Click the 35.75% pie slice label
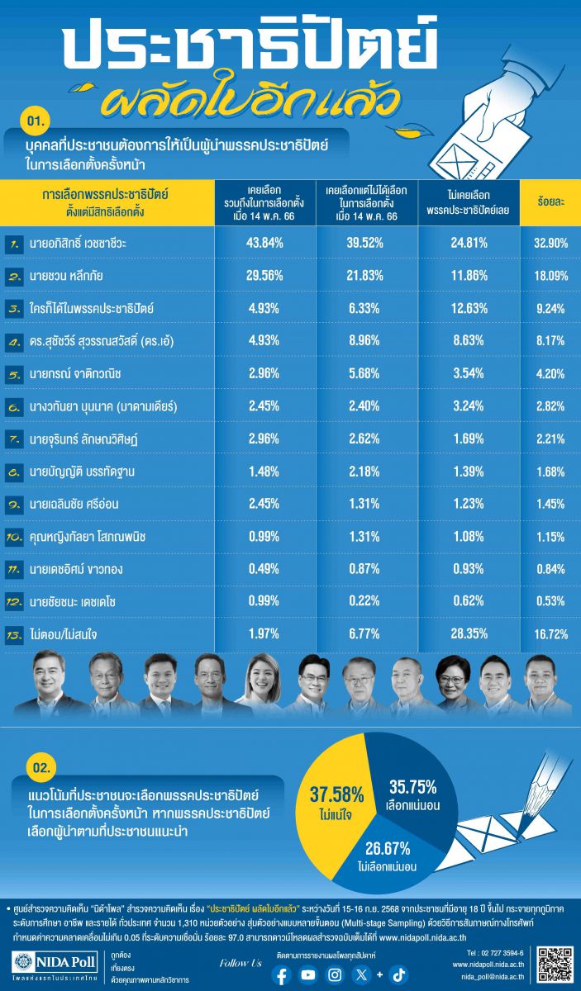pyautogui.click(x=408, y=795)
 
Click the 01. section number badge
pyautogui.click(x=40, y=121)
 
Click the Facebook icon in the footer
pyautogui.click(x=282, y=974)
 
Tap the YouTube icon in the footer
pyautogui.click(x=308, y=974)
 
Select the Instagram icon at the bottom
pyautogui.click(x=335, y=974)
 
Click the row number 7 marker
pyautogui.click(x=13, y=439)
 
